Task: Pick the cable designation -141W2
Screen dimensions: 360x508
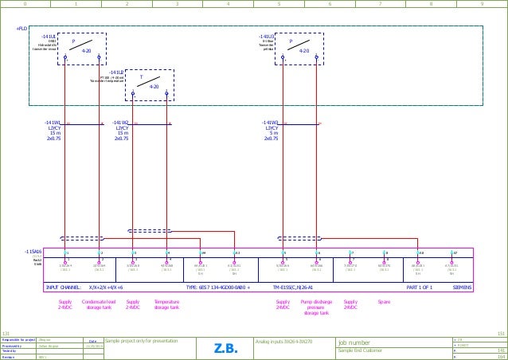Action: pyautogui.click(x=121, y=123)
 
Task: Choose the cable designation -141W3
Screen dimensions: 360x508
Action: pyautogui.click(x=271, y=123)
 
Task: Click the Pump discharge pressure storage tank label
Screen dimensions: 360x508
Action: pyautogui.click(x=316, y=307)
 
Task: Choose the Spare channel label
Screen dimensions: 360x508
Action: pyautogui.click(x=384, y=303)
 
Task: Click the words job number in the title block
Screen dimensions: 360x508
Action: pyautogui.click(x=354, y=342)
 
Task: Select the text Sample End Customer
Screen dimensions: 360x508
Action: pyautogui.click(x=361, y=350)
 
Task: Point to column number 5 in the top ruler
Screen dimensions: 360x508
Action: pyautogui.click(x=279, y=4)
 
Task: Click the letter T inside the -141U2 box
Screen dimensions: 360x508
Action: pyautogui.click(x=141, y=78)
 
